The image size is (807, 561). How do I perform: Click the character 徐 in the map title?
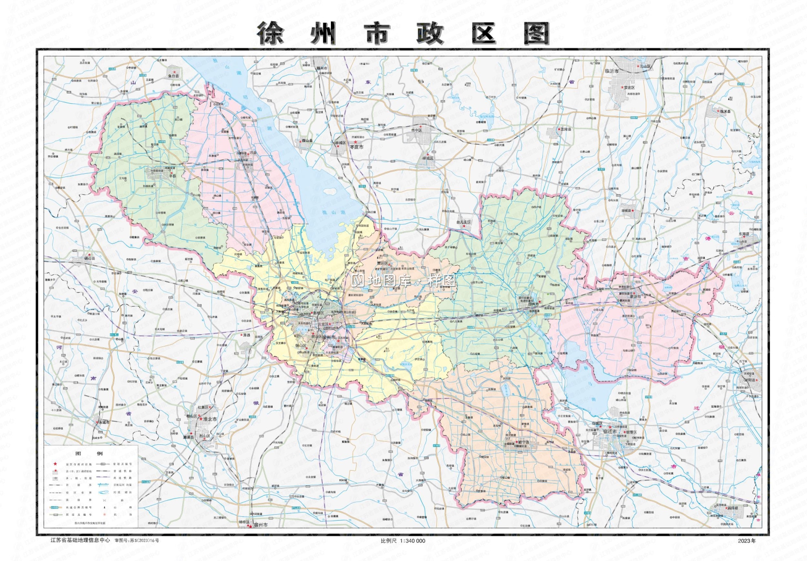point(270,33)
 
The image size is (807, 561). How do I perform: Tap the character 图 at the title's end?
point(536,33)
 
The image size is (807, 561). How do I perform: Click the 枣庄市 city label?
point(357,147)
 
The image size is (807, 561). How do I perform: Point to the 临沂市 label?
point(612,71)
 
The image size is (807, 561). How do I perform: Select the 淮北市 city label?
point(210,419)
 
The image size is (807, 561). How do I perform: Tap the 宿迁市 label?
point(610,432)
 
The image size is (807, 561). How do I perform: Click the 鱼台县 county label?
point(173,76)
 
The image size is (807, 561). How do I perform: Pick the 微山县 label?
point(307,141)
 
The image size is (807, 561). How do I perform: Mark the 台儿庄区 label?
point(463,222)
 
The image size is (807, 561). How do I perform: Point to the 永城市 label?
point(103,422)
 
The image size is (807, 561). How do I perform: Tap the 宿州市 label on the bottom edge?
point(260,524)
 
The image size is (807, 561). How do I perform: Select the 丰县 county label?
point(172,175)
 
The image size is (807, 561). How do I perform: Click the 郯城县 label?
point(627,211)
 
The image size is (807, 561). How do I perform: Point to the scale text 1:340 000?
point(412,541)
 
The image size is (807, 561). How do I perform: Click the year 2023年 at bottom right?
point(747,541)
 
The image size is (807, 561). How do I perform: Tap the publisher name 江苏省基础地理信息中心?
point(80,540)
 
